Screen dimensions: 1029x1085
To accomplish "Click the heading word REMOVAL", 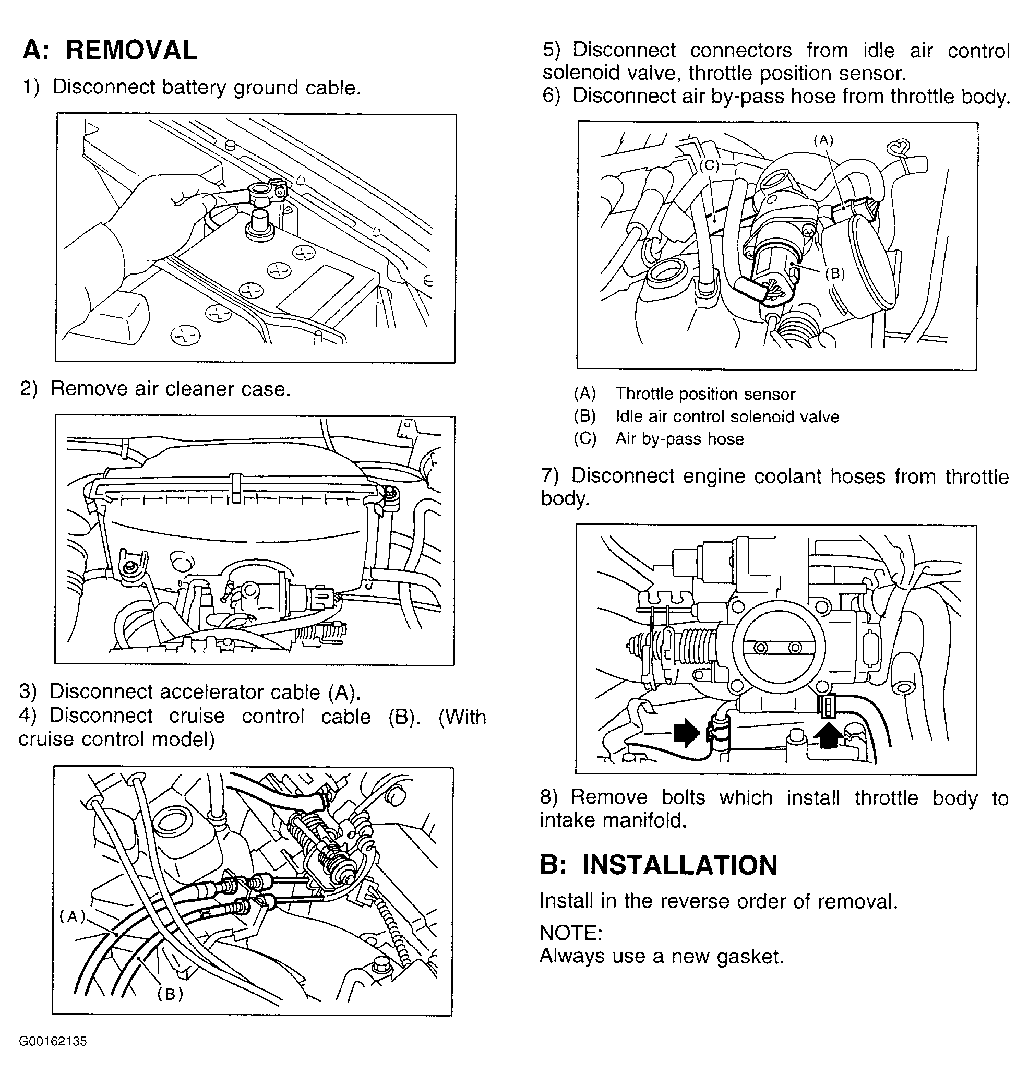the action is pyautogui.click(x=131, y=51).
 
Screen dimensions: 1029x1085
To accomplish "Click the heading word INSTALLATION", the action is pyautogui.click(x=679, y=865).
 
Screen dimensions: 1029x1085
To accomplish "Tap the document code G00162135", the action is pyautogui.click(x=53, y=1041).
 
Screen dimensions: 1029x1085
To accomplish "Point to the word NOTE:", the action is pyautogui.click(x=571, y=933).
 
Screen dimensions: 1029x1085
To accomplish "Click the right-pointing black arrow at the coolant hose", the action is pyautogui.click(x=687, y=733).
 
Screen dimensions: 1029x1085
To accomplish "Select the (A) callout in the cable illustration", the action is pyautogui.click(x=73, y=915).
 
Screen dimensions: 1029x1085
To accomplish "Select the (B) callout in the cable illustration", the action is pyautogui.click(x=170, y=994).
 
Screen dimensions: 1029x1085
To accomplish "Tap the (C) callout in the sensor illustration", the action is pyautogui.click(x=709, y=165).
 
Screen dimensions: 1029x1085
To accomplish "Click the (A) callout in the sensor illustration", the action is pyautogui.click(x=823, y=140).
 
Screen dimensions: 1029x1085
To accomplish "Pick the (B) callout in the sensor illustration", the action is pyautogui.click(x=835, y=273).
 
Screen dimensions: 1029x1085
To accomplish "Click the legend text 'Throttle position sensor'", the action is pyautogui.click(x=705, y=394).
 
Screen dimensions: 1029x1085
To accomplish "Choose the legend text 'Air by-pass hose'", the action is pyautogui.click(x=679, y=439).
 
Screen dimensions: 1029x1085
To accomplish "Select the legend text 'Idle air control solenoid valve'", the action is pyautogui.click(x=727, y=416).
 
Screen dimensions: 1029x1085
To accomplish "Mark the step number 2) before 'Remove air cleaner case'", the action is pyautogui.click(x=29, y=388).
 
